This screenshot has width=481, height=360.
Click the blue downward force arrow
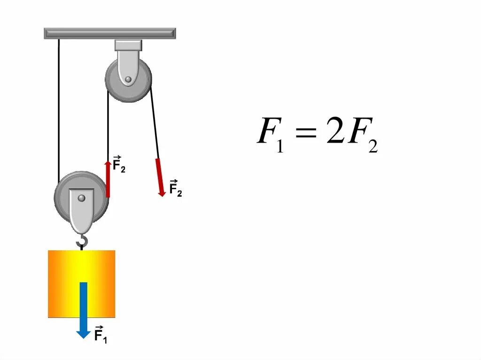coord(84,307)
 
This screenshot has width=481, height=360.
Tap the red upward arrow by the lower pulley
coord(108,178)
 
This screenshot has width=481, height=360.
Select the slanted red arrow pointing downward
coord(160,176)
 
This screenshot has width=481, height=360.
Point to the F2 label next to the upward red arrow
coord(119,164)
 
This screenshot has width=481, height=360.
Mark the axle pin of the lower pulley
coord(82,198)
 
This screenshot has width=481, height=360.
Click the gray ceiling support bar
coord(110,33)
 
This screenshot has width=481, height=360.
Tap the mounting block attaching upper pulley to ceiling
coord(128,46)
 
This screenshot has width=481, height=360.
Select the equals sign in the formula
coord(304,134)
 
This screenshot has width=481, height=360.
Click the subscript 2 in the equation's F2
coord(373,146)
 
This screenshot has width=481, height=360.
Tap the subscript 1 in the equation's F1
coord(280,146)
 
